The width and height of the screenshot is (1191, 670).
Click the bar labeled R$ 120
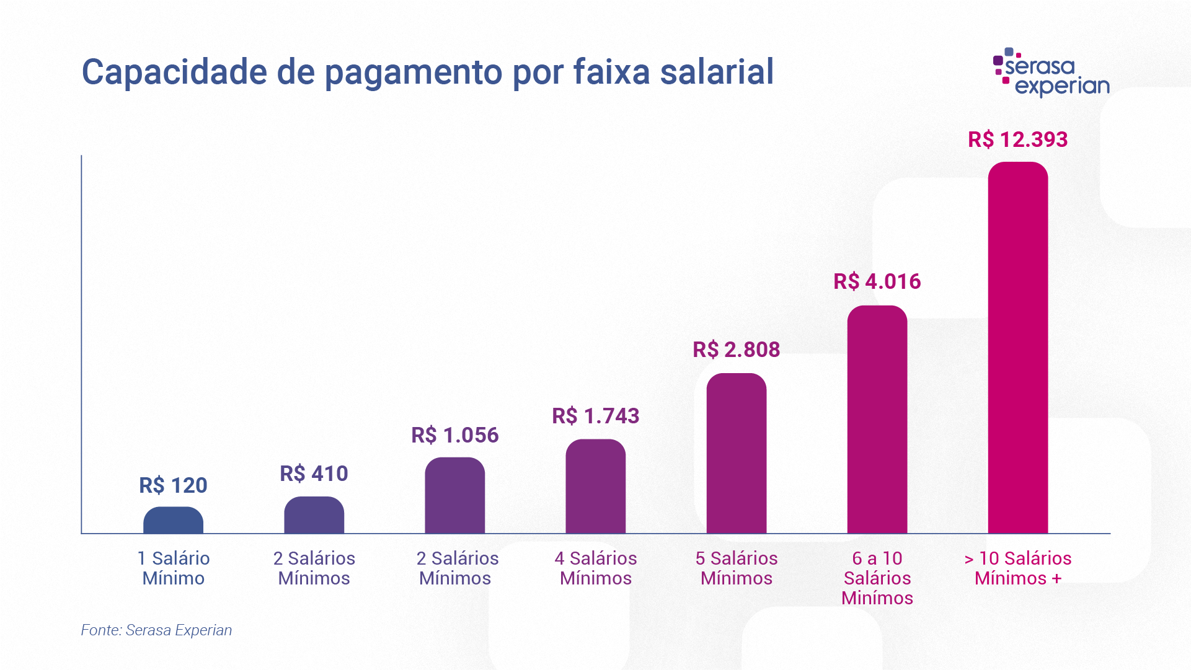[x=173, y=521]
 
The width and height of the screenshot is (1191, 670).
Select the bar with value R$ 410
[x=314, y=515]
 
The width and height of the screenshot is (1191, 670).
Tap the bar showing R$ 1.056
[x=454, y=495]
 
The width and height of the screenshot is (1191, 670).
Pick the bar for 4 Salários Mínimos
[x=595, y=487]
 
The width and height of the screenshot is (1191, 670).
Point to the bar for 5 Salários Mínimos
[x=736, y=453]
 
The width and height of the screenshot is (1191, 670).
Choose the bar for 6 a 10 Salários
[x=877, y=420]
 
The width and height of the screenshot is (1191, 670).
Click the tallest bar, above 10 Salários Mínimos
[x=1017, y=348]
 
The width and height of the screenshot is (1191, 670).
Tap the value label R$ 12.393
[x=1017, y=139]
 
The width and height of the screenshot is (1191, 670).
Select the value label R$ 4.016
[x=877, y=281]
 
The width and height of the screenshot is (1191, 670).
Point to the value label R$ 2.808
[x=736, y=350]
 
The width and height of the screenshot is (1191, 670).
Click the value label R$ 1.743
[x=595, y=416]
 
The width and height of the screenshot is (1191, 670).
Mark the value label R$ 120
[x=173, y=485]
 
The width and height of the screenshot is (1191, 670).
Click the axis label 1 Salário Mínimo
[x=174, y=568]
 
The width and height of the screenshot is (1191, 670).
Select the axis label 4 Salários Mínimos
[x=595, y=568]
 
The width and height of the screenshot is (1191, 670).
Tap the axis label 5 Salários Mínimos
[x=736, y=568]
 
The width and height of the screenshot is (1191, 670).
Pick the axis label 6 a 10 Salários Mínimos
[x=877, y=578]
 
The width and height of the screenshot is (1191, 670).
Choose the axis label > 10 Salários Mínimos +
[x=1017, y=568]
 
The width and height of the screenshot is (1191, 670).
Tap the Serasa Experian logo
[x=1052, y=73]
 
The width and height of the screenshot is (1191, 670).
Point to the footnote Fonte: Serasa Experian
[x=156, y=630]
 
